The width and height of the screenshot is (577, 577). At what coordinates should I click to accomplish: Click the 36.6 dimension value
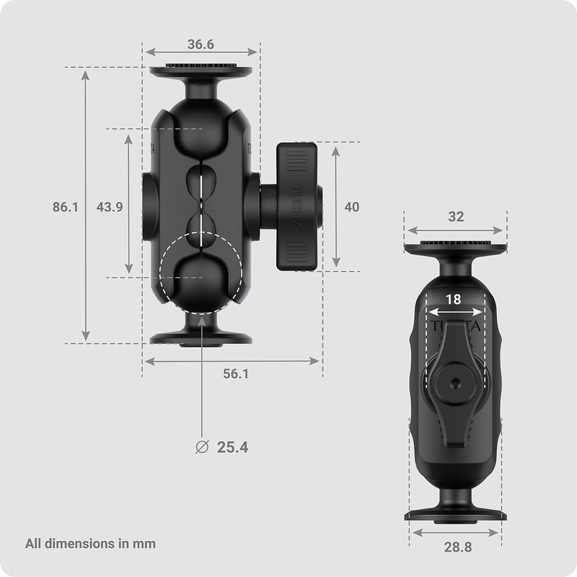pyautogui.click(x=201, y=44)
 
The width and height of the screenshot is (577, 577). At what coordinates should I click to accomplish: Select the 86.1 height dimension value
pyautogui.click(x=65, y=207)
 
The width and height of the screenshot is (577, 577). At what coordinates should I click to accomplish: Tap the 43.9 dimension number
pyautogui.click(x=110, y=207)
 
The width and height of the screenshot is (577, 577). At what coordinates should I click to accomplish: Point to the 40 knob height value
pyautogui.click(x=351, y=207)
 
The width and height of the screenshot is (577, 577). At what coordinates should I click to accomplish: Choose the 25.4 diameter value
pyautogui.click(x=232, y=447)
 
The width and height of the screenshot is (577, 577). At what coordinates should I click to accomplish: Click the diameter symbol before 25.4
pyautogui.click(x=203, y=447)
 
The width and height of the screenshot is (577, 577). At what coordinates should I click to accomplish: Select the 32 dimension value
pyautogui.click(x=456, y=216)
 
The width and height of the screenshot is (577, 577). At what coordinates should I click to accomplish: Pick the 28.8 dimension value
pyautogui.click(x=457, y=547)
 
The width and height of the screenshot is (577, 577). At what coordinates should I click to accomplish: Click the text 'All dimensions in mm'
pyautogui.click(x=90, y=543)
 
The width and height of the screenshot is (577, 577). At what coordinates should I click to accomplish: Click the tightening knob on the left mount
pyautogui.click(x=296, y=207)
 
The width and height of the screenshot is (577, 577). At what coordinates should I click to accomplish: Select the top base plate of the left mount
pyautogui.click(x=201, y=71)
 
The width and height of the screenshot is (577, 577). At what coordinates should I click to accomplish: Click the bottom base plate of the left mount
pyautogui.click(x=201, y=338)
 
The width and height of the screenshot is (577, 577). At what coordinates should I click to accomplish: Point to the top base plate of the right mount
pyautogui.click(x=455, y=249)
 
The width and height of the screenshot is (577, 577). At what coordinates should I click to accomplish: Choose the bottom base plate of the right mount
pyautogui.click(x=455, y=515)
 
